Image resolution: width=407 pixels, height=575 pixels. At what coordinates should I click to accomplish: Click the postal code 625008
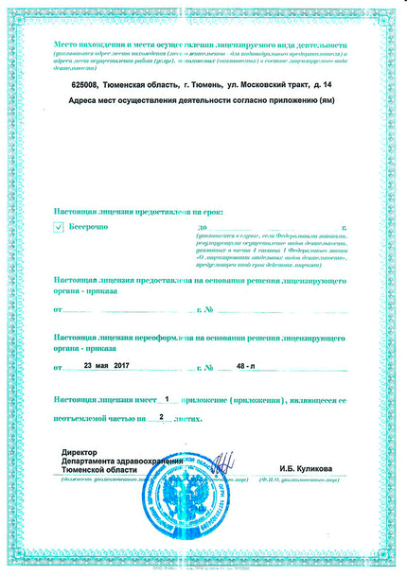coord(86,84)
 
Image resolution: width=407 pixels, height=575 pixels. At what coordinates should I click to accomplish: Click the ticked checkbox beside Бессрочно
coord(60,227)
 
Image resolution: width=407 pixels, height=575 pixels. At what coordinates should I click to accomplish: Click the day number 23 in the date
coord(89,364)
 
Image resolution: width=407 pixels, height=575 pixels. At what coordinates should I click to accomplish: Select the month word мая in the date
coord(105,364)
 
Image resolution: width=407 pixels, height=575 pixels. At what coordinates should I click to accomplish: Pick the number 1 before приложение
coord(167,399)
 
